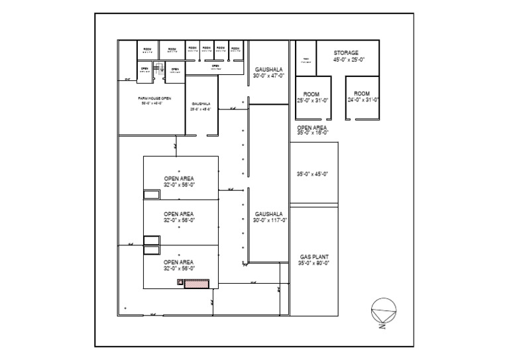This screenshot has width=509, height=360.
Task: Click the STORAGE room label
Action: pos(345,52)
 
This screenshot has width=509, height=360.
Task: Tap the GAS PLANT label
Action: pos(315,256)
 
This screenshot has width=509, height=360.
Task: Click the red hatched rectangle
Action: pos(197,283)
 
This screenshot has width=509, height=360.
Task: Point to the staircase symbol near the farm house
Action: pos(158,67)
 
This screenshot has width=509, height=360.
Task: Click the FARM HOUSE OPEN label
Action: pos(155,98)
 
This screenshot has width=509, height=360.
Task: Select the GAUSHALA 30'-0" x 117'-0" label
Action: pos(270,216)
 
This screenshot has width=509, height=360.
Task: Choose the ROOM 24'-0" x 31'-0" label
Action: pos(362,97)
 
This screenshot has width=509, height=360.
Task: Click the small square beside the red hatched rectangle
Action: pos(180,282)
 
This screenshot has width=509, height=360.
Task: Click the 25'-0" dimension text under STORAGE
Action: pos(356,60)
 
